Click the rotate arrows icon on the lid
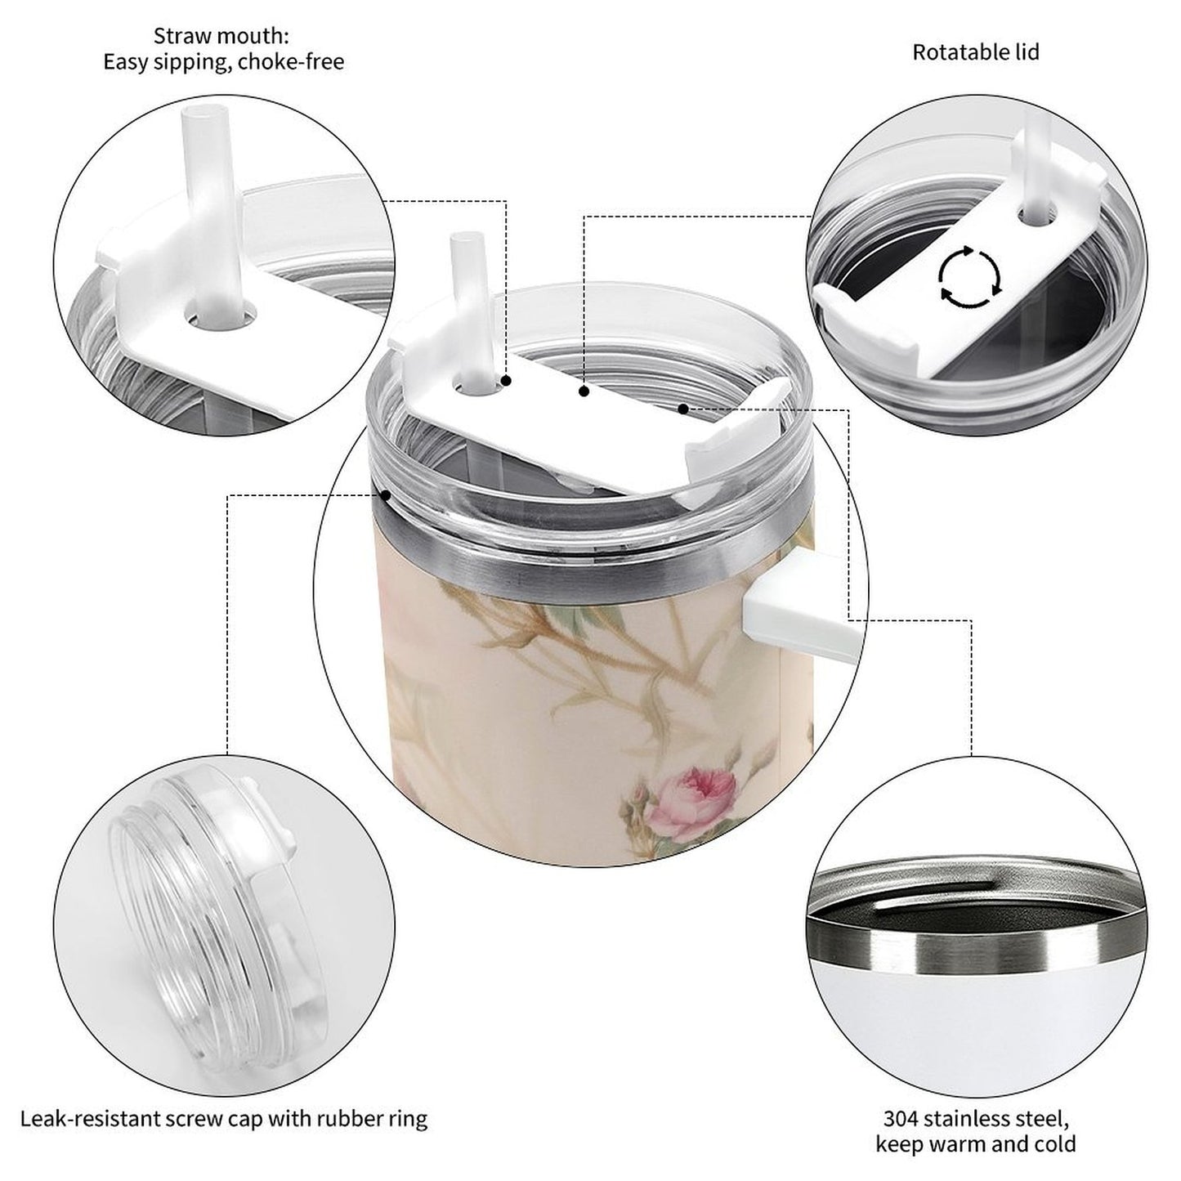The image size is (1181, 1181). point(969,277)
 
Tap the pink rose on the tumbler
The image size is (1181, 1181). point(690,790)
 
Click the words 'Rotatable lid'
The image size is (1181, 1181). point(975,52)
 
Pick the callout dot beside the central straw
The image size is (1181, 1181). point(507,381)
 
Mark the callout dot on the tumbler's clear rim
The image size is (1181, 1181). point(384,494)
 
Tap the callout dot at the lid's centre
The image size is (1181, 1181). point(584,392)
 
